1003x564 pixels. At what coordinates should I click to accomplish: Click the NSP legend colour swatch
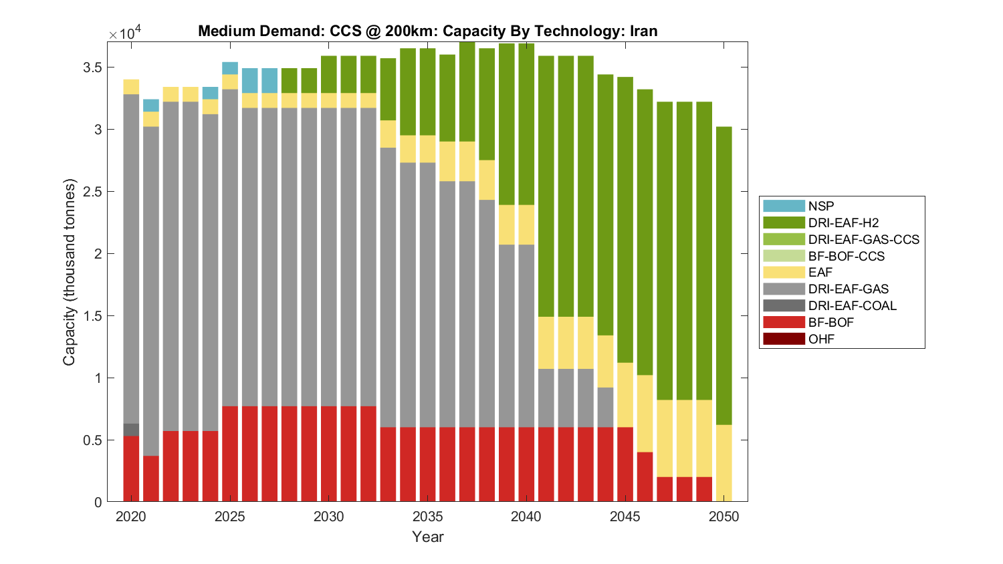coord(784,206)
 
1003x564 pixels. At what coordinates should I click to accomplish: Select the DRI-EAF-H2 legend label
coord(843,223)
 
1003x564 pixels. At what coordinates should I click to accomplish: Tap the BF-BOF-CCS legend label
coord(846,256)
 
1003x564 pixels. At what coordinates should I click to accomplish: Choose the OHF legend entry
coord(821,339)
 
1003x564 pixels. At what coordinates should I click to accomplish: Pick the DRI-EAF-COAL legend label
coord(852,305)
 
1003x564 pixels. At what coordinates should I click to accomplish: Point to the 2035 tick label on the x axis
coord(427,517)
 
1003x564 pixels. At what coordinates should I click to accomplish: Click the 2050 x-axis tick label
coord(723,517)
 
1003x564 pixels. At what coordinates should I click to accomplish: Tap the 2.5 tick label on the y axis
coord(93,192)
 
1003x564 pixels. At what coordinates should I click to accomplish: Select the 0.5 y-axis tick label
coord(93,440)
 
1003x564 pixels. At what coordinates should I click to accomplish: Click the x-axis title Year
coord(427,537)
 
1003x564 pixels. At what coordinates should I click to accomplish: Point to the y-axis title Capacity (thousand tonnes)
coord(70,272)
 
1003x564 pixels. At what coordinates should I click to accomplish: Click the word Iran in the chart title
coord(643,31)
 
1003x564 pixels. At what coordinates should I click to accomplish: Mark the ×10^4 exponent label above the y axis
coord(125,33)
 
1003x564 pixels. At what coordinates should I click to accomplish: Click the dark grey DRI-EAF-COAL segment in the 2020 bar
coord(131,430)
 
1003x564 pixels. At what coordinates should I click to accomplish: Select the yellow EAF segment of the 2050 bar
coord(723,462)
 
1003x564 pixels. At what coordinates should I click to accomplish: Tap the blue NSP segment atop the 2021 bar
coord(151,106)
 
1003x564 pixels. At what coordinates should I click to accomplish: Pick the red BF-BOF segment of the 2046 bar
coord(645,476)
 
